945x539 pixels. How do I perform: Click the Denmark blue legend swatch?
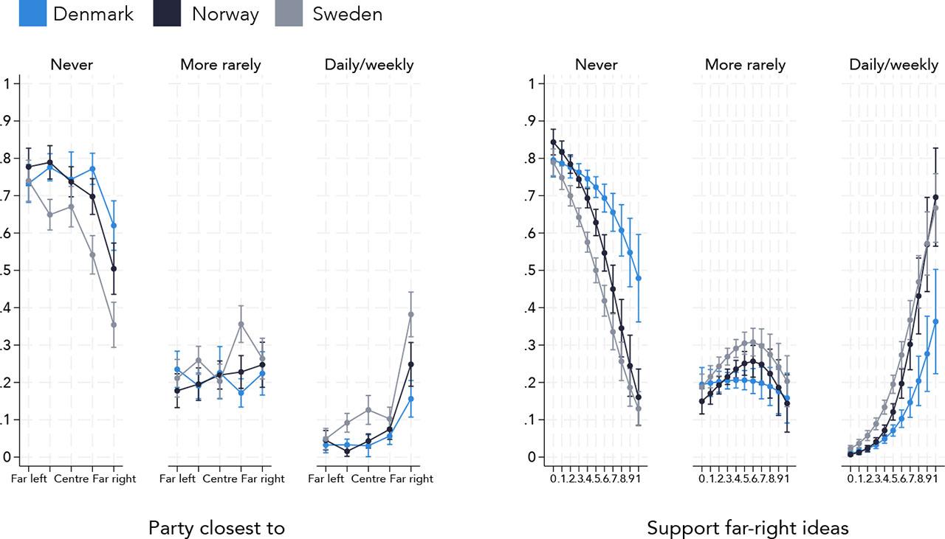[x=33, y=13]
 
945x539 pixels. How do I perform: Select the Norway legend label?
[x=225, y=14]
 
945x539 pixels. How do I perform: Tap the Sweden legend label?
[x=347, y=14]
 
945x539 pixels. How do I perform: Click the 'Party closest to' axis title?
[x=216, y=528]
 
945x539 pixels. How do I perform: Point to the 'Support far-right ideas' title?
[x=748, y=528]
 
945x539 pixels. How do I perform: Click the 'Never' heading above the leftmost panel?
[x=72, y=65]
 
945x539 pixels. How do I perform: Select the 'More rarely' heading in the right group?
[x=745, y=65]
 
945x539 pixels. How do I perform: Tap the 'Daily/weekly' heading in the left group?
[x=369, y=65]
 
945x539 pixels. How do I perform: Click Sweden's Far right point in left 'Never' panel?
[x=114, y=324]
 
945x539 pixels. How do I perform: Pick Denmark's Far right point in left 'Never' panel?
[x=114, y=226]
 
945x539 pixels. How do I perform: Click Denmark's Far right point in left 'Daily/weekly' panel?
[x=411, y=399]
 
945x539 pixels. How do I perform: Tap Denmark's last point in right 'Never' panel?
[x=639, y=278]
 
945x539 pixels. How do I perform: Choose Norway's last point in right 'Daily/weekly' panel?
[x=936, y=197]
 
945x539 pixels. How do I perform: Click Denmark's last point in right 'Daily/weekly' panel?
[x=936, y=321]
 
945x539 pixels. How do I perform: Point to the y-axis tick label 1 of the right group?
[x=531, y=83]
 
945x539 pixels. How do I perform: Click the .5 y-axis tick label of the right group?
[x=529, y=271]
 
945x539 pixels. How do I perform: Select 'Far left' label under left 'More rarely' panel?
[x=178, y=479]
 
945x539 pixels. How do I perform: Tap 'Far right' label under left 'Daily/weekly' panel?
[x=411, y=479]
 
